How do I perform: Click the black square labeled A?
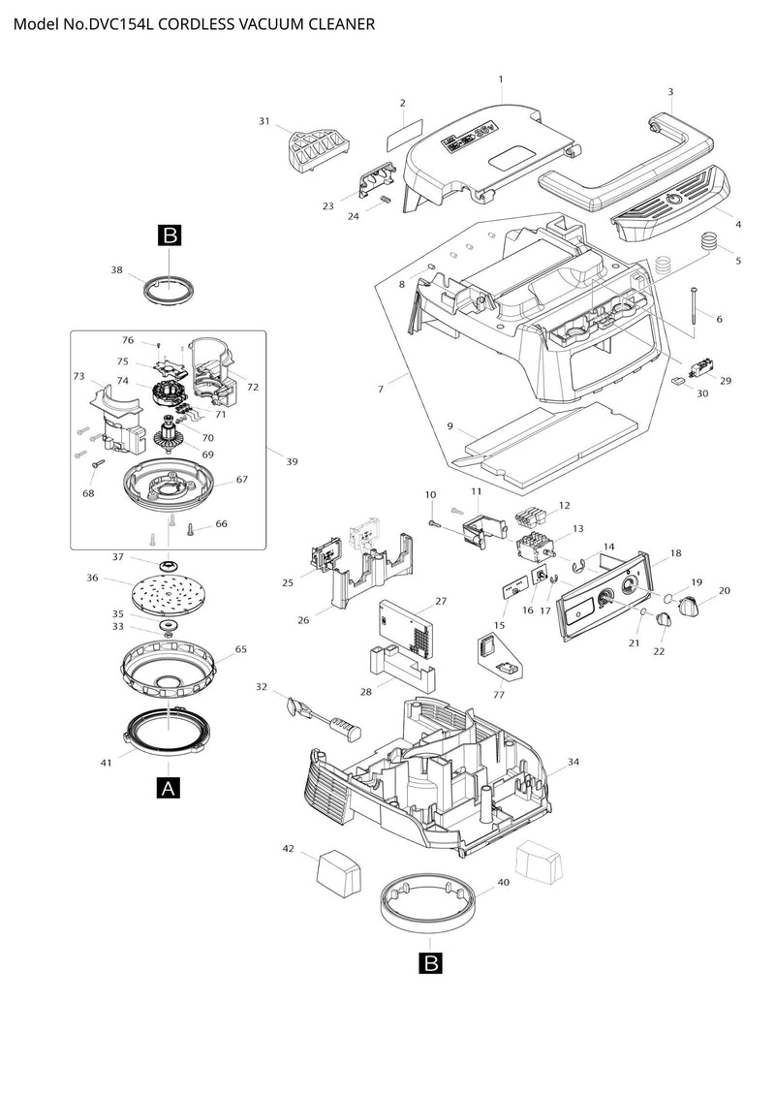click(x=169, y=787)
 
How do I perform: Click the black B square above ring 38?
click(x=170, y=235)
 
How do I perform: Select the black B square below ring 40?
click(x=431, y=963)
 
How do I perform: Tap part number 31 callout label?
click(x=264, y=121)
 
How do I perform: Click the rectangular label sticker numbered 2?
click(x=405, y=134)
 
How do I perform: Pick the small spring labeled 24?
click(x=385, y=202)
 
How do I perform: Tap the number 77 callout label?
click(x=498, y=695)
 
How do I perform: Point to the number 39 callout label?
click(x=293, y=461)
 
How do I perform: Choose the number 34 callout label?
click(x=573, y=762)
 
